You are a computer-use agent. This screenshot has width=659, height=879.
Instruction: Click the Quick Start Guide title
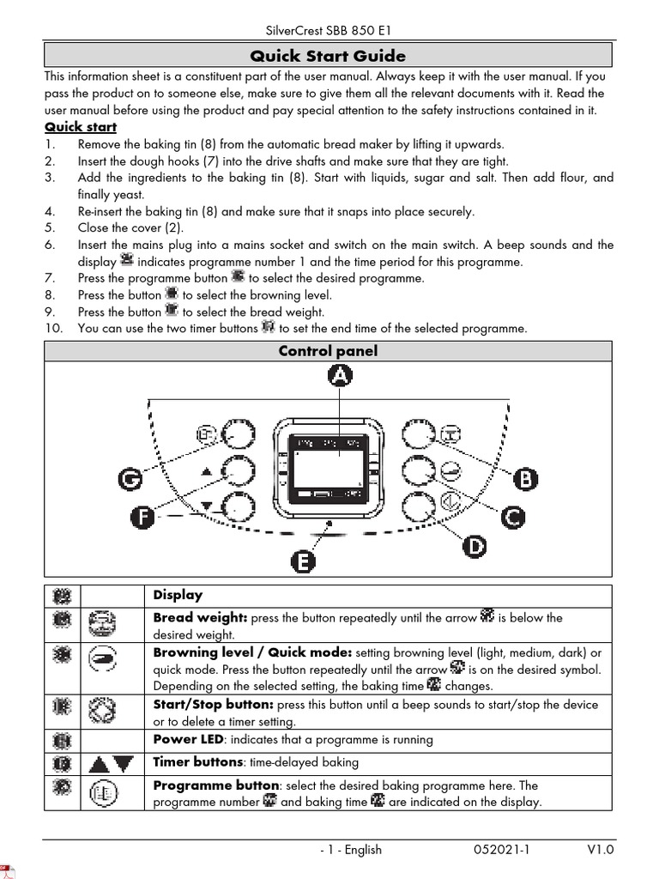coord(328,57)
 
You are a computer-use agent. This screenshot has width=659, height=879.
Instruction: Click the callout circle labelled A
coord(341,376)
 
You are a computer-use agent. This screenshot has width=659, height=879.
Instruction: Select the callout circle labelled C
coord(512,517)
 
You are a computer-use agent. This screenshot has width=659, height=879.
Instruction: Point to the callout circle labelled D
coord(475,546)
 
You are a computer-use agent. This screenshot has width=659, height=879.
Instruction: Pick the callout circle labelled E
coord(302,561)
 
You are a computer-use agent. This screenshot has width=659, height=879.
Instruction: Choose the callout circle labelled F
coord(143,516)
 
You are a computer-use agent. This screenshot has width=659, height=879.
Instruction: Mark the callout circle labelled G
coord(130,481)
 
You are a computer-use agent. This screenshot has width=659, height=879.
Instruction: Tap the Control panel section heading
coord(328,351)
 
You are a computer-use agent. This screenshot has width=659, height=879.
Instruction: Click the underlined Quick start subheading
coord(81,128)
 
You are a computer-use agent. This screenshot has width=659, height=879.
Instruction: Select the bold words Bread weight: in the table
coord(200,617)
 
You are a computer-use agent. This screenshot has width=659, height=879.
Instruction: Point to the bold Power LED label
coord(187,740)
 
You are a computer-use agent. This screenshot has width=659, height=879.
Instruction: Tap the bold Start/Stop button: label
coord(213,704)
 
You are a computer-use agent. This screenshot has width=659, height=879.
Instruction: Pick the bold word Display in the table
coord(178,595)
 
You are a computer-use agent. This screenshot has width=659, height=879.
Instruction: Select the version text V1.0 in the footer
coord(601,850)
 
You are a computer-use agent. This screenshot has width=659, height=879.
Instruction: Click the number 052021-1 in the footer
coord(502,850)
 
